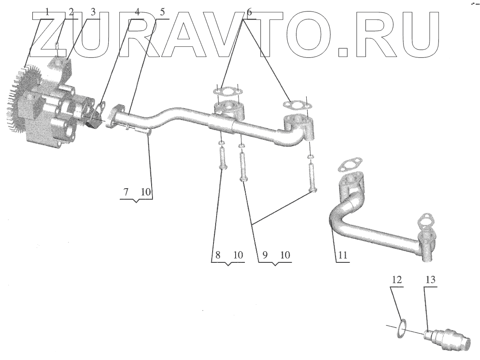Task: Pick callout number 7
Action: [x=126, y=193]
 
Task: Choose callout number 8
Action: [x=217, y=255]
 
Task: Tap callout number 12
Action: [x=396, y=280]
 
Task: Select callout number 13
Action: [x=430, y=280]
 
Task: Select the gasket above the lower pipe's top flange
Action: [x=349, y=166]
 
